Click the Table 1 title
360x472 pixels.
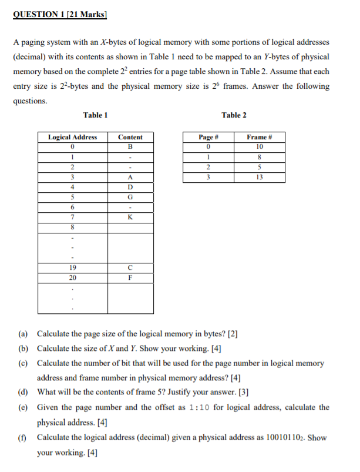point(95,115)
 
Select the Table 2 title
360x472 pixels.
point(234,115)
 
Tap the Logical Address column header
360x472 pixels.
point(72,137)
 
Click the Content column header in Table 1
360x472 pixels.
point(130,137)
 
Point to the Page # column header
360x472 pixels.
point(208,137)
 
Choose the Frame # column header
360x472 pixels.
point(259,137)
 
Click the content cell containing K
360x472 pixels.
point(130,217)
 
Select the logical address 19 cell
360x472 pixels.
point(72,268)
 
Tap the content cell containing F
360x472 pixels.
point(130,278)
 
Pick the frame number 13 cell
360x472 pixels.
point(259,177)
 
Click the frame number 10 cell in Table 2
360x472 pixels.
point(259,147)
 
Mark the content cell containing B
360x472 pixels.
point(130,147)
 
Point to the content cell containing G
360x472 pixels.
point(130,197)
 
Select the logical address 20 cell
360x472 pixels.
point(72,278)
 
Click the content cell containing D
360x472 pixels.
point(130,187)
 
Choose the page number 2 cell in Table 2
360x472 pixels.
point(208,167)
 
